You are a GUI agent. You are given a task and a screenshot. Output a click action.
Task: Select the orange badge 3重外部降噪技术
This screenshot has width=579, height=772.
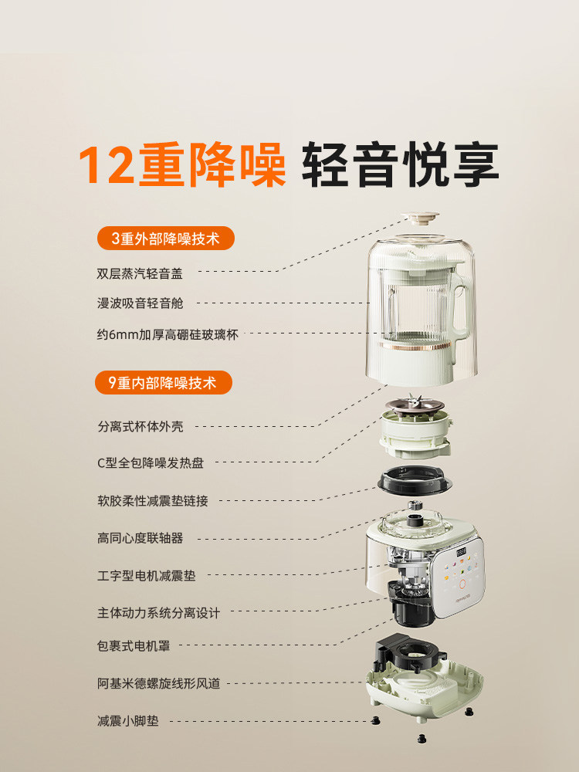165,239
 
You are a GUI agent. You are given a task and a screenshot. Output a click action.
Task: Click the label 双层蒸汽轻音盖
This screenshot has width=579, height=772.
140,272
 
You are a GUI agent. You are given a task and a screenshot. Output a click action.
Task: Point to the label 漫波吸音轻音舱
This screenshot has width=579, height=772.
140,303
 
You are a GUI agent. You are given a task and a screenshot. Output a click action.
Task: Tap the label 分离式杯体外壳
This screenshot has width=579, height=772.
140,426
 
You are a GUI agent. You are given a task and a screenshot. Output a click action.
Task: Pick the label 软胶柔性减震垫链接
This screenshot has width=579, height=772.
152,500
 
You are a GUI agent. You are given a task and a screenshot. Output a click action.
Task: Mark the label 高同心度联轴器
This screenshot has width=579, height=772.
140,538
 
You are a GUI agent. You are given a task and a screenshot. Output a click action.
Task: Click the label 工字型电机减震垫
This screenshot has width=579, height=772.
146,575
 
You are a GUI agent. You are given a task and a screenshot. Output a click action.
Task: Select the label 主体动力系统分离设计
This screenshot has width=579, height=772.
158,613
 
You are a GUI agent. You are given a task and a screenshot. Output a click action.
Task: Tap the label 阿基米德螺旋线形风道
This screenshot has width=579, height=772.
158,683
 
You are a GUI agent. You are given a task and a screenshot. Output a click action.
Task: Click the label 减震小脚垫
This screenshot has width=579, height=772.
127,721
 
